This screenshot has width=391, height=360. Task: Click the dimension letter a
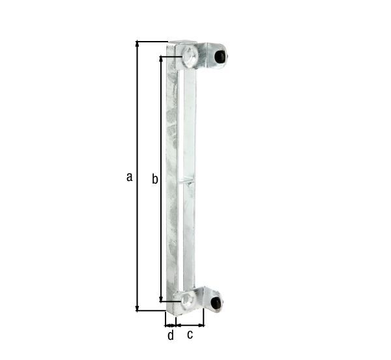(130, 176)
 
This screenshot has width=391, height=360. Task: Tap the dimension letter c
(190, 335)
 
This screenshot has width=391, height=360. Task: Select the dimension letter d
(171, 335)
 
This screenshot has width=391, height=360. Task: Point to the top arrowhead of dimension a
(137, 45)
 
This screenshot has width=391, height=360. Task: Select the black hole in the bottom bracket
(215, 301)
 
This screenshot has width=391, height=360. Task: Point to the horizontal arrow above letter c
(190, 324)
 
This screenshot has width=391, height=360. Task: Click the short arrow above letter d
(171, 324)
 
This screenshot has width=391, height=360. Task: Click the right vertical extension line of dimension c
(204, 316)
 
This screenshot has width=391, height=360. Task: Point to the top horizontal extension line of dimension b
(171, 56)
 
